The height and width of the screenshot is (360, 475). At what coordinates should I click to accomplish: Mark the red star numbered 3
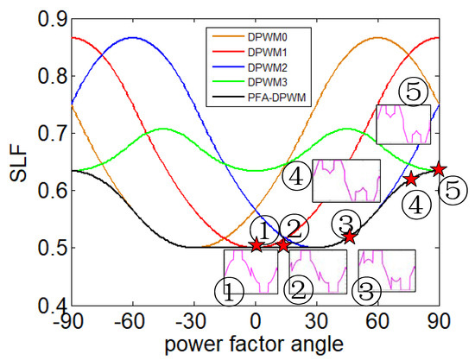point(349,236)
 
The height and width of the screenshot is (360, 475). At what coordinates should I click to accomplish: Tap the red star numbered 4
point(412,180)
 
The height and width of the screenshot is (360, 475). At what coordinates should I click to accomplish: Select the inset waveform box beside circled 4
point(345,180)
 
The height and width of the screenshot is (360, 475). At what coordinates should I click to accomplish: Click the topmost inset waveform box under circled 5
point(403,123)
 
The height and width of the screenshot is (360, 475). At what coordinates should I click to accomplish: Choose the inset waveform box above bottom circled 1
point(250,270)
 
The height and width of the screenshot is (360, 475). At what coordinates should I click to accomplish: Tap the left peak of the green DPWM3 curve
point(162,129)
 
